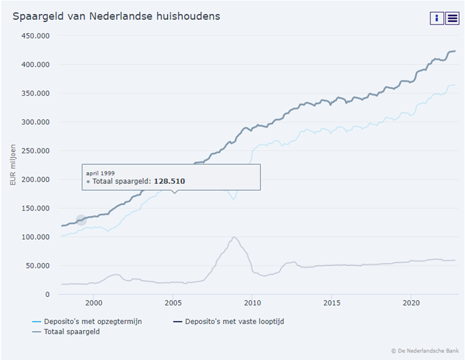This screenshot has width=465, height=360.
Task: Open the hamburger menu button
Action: tap(452, 18)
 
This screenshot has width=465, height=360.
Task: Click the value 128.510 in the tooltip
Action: tap(169, 181)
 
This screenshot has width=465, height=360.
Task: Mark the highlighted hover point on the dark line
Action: tap(81, 221)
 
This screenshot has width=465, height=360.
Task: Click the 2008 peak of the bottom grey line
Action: tap(234, 237)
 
